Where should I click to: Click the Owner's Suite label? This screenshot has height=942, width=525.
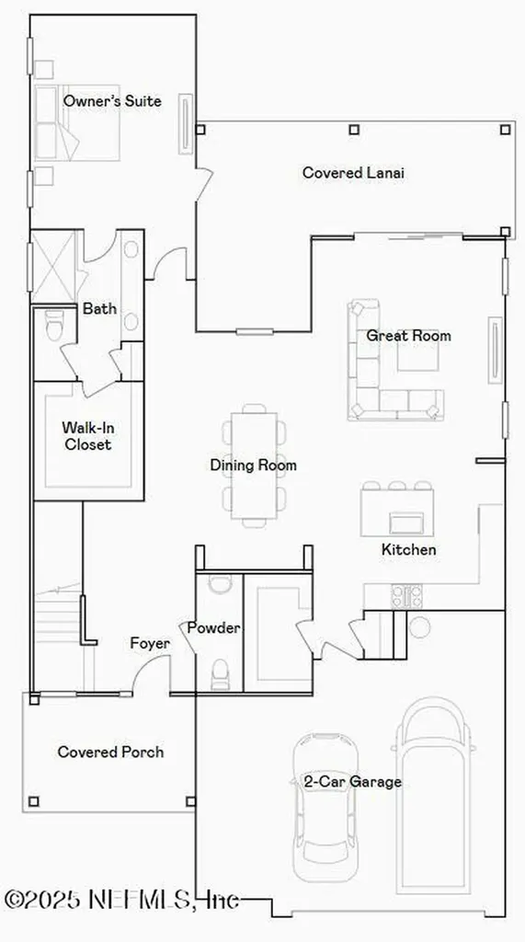[112, 101]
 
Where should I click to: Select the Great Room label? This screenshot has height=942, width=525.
[408, 336]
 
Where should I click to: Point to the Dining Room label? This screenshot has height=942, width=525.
[253, 465]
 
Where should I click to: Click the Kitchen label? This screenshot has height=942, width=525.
[408, 550]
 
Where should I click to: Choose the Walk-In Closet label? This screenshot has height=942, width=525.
[86, 436]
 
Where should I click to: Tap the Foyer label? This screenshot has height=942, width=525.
[149, 644]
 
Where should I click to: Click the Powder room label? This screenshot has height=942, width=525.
[213, 628]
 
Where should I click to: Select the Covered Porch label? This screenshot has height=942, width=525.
[110, 752]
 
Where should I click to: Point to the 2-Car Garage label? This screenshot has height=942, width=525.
[352, 782]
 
